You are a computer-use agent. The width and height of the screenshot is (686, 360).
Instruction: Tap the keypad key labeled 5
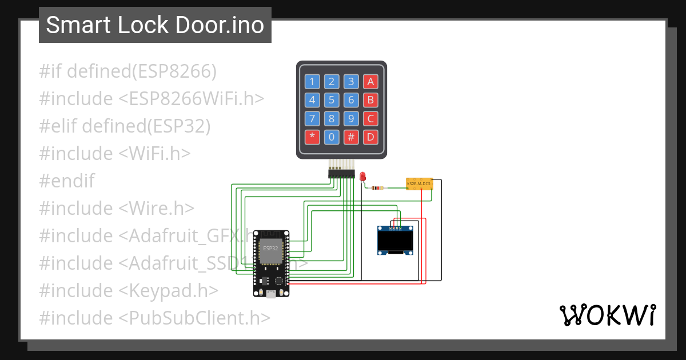332,100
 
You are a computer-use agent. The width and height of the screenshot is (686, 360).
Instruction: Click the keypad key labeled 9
351,119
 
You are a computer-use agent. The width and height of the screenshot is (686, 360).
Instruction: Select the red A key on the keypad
370,81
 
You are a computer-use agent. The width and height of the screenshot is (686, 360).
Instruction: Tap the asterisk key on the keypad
312,137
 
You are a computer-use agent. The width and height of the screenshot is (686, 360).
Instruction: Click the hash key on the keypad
351,137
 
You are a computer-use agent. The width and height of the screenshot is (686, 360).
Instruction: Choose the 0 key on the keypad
332,137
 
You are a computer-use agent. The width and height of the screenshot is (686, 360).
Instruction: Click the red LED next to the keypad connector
363,177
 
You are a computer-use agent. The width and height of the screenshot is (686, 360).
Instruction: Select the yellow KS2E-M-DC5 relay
419,183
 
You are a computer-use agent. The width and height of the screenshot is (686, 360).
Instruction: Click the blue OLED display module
395,241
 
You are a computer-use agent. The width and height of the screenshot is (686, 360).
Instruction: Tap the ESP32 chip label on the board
270,249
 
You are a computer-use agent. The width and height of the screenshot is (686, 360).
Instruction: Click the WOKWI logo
607,315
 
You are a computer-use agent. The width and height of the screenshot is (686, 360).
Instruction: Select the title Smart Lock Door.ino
155,25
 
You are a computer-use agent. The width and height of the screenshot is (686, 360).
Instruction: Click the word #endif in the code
67,181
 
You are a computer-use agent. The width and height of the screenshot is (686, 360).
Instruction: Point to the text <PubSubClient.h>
194,318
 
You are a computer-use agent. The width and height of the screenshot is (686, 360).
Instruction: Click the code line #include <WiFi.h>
114,154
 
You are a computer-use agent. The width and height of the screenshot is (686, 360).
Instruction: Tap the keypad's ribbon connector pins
341,173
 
